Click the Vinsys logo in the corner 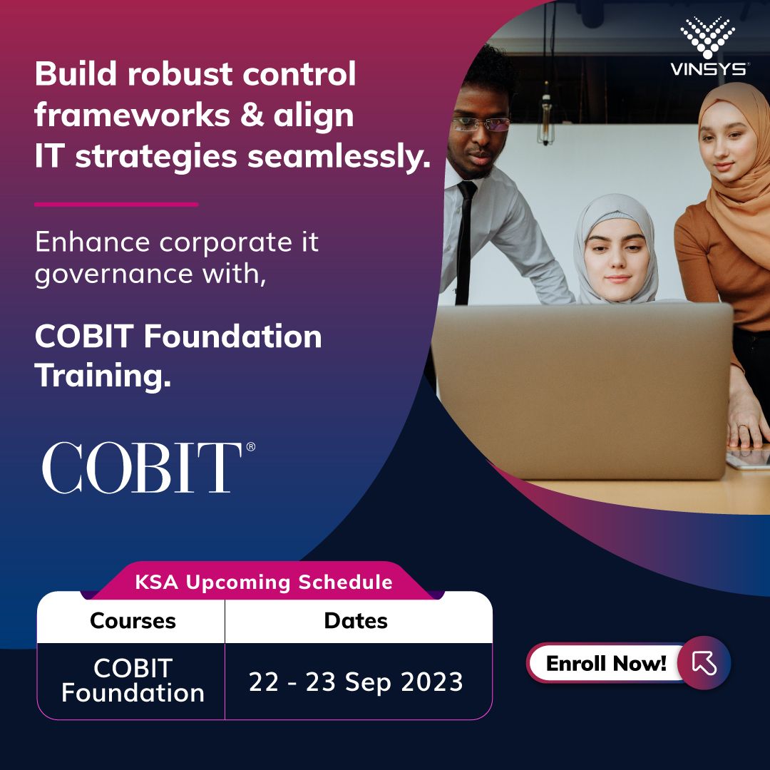click(x=708, y=47)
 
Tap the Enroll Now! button click(x=606, y=663)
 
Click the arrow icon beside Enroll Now click(x=704, y=663)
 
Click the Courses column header click(x=133, y=621)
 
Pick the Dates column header click(x=356, y=621)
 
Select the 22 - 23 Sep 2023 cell click(x=356, y=682)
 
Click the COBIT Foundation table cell click(x=133, y=681)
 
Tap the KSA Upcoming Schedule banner click(x=263, y=582)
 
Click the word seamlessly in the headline click(x=341, y=157)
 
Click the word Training click(x=103, y=375)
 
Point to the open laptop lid click(x=581, y=389)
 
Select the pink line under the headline click(x=116, y=204)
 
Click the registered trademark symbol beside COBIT click(x=250, y=447)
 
